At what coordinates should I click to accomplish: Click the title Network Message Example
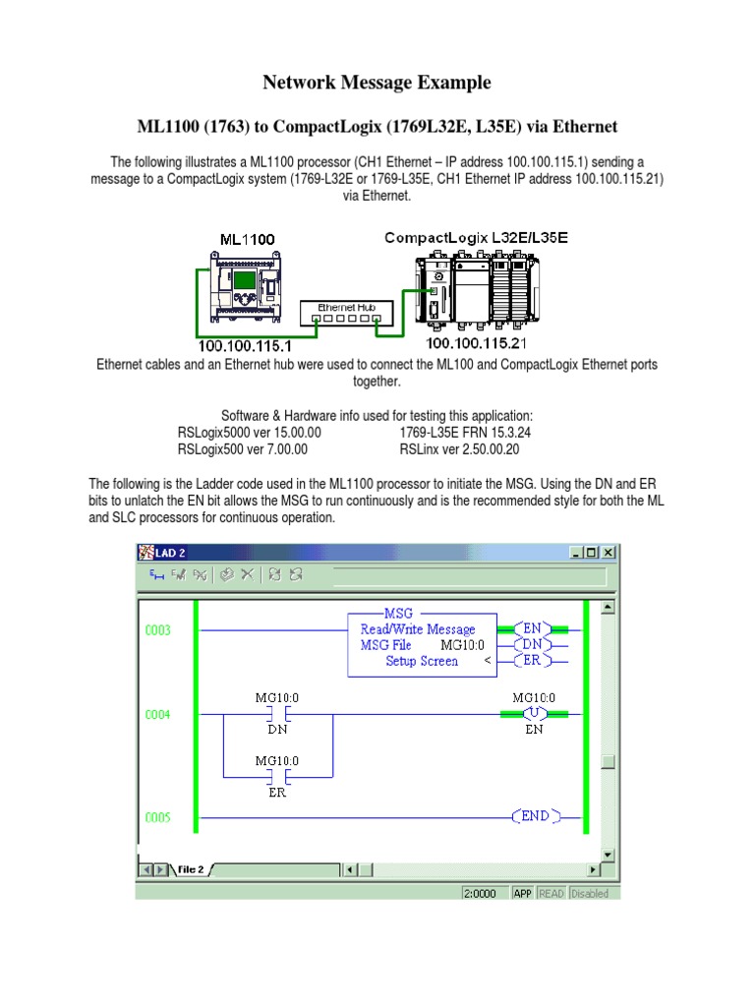click(x=377, y=83)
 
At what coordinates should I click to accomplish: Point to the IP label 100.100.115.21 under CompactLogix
click(x=475, y=343)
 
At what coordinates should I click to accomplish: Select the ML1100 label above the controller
click(x=247, y=239)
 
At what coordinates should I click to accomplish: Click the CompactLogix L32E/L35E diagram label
click(x=476, y=238)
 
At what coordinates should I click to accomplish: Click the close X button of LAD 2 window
click(x=609, y=553)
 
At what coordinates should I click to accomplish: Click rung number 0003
click(x=156, y=629)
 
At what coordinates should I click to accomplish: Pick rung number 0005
click(x=156, y=817)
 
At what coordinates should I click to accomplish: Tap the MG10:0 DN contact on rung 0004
click(x=276, y=714)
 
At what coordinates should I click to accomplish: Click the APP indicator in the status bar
click(x=522, y=893)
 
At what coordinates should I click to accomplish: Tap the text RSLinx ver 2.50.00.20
click(x=459, y=449)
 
